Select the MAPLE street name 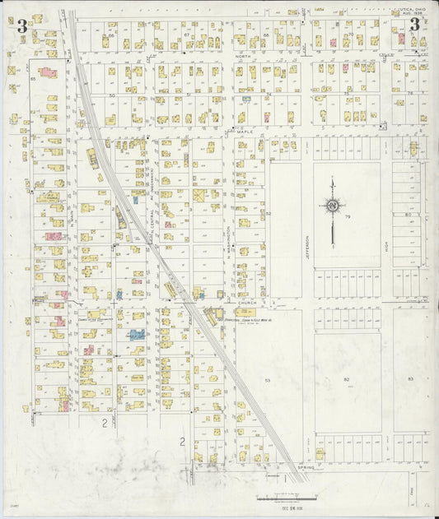(x=245, y=131)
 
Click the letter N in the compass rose (x=332, y=206)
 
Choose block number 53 (x=267, y=380)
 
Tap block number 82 (x=346, y=378)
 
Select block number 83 (x=409, y=378)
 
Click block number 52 (x=269, y=213)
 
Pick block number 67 (x=186, y=35)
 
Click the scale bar (x=284, y=498)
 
